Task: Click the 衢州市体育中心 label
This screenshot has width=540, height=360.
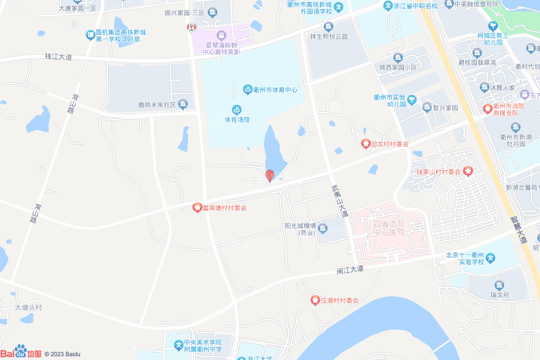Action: pos(275,90)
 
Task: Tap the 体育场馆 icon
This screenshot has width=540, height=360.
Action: pos(237,110)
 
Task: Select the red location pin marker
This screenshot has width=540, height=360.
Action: pos(269,175)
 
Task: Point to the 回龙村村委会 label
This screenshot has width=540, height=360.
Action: pos(390,143)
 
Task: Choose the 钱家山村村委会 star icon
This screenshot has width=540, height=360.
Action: pos(468,171)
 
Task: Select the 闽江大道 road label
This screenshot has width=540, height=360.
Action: pos(351,269)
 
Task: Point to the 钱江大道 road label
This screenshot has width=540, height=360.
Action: pos(58,56)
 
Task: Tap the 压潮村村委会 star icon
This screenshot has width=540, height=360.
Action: pos(315,300)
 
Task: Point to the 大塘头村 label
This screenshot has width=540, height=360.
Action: pos(28,307)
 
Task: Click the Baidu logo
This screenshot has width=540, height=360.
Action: pos(21,352)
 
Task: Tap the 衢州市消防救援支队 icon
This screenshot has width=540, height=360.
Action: pos(488,109)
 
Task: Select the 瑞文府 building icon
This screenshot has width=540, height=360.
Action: pos(499,286)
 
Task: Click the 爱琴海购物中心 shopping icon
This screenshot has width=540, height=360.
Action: pos(221,35)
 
